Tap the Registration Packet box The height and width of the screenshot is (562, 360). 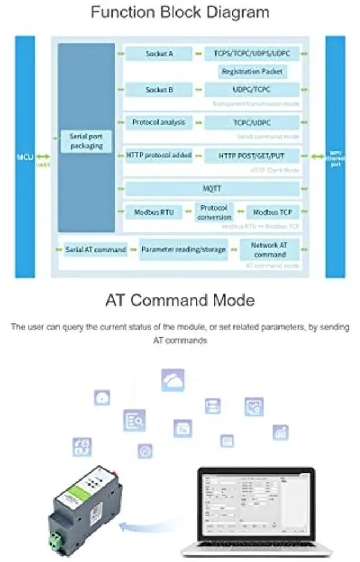(253, 72)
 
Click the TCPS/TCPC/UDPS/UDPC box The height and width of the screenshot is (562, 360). (252, 54)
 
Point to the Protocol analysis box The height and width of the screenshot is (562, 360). (158, 122)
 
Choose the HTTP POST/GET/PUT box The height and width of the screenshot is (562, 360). (252, 156)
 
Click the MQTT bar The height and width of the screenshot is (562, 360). (211, 188)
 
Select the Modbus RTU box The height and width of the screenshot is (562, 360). (154, 212)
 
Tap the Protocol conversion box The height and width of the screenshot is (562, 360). (214, 212)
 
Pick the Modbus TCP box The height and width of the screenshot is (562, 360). (272, 212)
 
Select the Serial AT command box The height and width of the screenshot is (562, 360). (95, 249)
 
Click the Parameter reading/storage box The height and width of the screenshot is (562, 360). (183, 249)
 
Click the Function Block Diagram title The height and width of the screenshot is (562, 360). (180, 12)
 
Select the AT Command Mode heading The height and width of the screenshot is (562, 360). (180, 300)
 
